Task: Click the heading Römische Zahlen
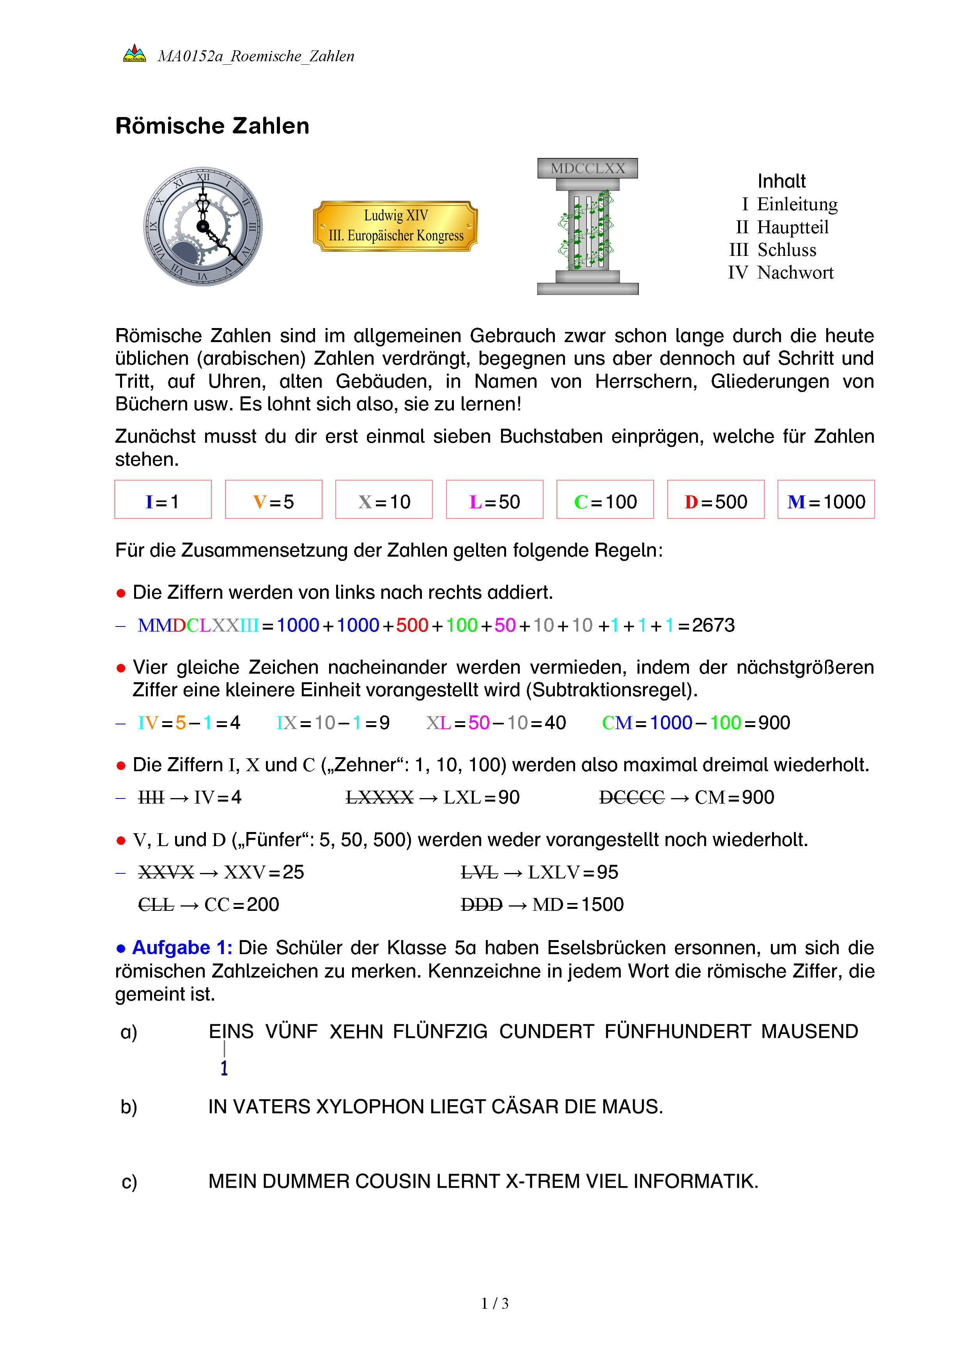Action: [x=212, y=126]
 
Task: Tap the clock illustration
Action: [x=203, y=226]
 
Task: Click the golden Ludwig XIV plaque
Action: [x=395, y=226]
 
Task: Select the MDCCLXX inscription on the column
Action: [x=587, y=169]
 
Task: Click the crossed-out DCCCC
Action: [x=631, y=797]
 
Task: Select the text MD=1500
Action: [x=577, y=905]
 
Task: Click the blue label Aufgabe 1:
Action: [x=182, y=947]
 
